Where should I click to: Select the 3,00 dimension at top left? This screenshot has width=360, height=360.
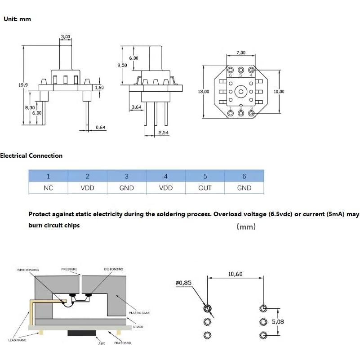[66, 36]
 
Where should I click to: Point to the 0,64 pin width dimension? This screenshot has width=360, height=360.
[100, 128]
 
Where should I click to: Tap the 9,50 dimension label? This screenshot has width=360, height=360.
[122, 65]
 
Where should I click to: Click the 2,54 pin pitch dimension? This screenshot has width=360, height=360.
[163, 132]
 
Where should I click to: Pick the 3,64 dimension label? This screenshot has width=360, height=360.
[137, 107]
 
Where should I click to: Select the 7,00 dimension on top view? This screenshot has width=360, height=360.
[241, 53]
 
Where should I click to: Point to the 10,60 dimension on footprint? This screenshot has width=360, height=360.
[235, 274]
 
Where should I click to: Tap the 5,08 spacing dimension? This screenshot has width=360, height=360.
[278, 322]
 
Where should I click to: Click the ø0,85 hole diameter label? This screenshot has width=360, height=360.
[183, 283]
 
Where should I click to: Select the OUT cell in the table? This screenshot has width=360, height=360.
[205, 188]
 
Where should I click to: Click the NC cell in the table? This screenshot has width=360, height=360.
[48, 188]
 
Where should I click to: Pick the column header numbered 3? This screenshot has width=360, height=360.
[127, 176]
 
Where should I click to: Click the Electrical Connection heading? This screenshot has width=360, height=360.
[31, 156]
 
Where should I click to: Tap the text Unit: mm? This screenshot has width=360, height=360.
[17, 19]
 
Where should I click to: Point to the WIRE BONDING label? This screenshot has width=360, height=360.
[28, 270]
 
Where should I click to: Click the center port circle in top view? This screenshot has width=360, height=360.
[241, 92]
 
